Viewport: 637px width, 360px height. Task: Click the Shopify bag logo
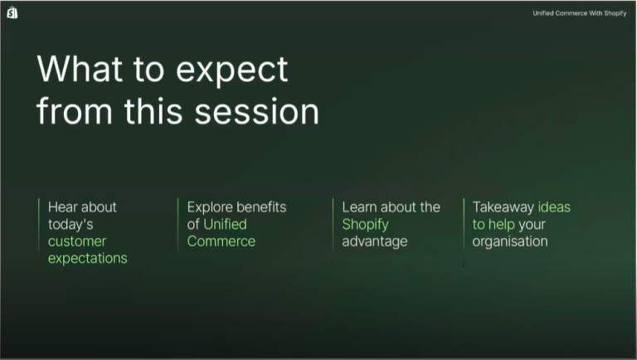(12, 12)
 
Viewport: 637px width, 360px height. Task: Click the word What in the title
(80, 69)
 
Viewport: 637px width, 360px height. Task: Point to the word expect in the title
(232, 71)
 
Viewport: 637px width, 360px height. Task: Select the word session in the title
(257, 111)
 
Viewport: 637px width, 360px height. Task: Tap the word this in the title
(153, 110)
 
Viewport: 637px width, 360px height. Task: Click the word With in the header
(596, 13)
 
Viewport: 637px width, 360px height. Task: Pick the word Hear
(63, 207)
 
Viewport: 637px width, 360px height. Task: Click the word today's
(71, 224)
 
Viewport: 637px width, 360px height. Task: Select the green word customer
(77, 241)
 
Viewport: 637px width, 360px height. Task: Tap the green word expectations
(87, 259)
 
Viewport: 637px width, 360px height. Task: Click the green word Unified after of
(225, 224)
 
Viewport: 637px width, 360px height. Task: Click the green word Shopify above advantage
(365, 224)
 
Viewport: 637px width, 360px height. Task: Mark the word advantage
(375, 241)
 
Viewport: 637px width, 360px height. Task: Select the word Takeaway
(503, 207)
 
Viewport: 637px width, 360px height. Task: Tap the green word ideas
(554, 207)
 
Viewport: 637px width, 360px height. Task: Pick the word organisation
(510, 241)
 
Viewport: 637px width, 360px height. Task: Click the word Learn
(357, 207)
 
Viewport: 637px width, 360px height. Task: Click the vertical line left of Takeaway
(464, 233)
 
